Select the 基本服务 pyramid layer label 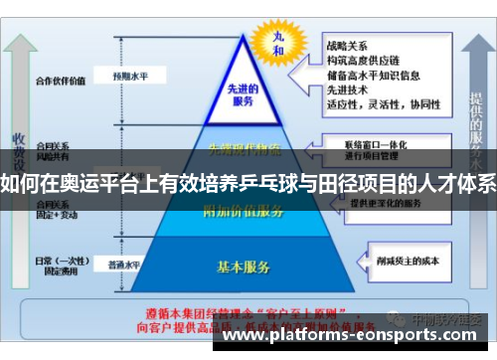coord(244,267)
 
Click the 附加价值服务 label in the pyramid coord(243,209)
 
